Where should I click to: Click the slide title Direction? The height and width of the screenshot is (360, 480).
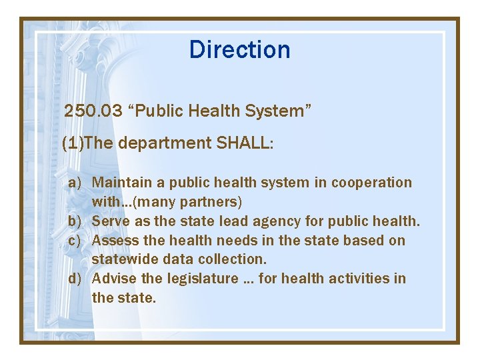[x=239, y=49]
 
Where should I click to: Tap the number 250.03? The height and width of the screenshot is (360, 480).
[x=93, y=111]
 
